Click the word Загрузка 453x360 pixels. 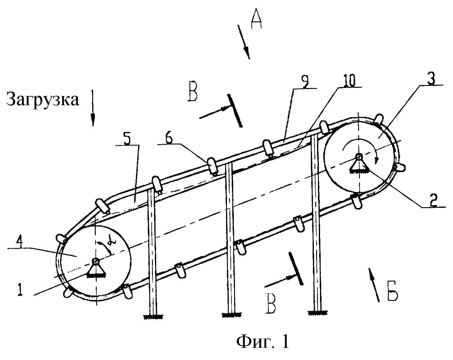tap(43, 100)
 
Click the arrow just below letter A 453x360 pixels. tap(244, 42)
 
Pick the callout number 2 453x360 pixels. tap(433, 201)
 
